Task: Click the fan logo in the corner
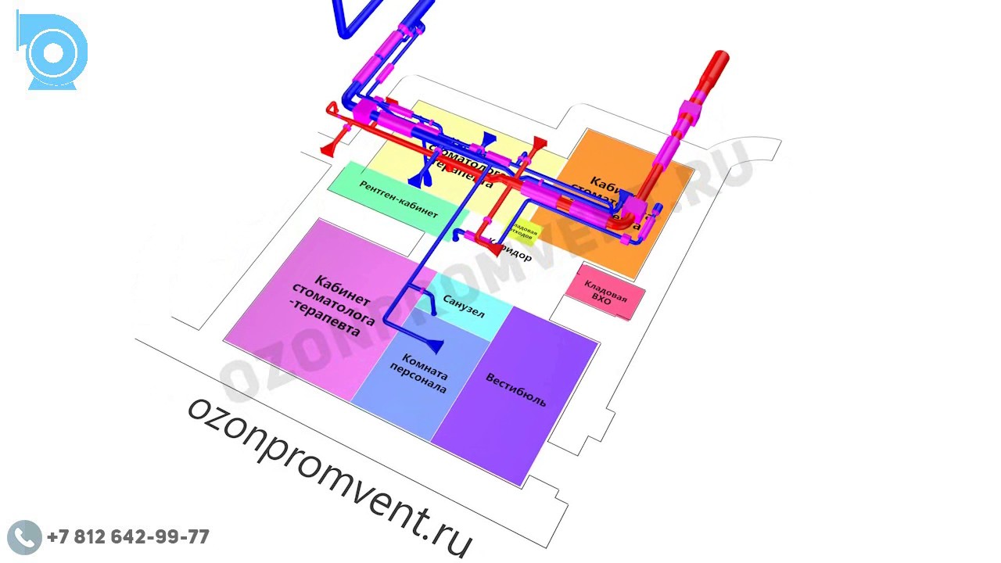(52, 52)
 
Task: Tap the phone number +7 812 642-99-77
(128, 537)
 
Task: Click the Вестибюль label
(516, 390)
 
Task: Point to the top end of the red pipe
(719, 59)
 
